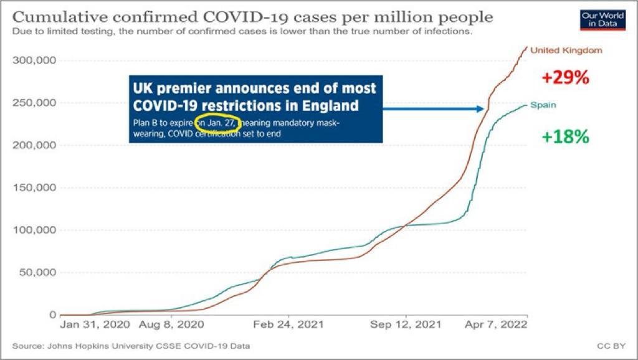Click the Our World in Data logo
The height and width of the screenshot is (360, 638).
tap(602, 19)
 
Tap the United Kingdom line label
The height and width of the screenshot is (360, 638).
tap(566, 50)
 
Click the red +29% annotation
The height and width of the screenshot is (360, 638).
tap(565, 78)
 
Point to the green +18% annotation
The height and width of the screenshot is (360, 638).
tap(565, 136)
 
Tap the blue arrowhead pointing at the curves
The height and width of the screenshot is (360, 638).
tap(480, 109)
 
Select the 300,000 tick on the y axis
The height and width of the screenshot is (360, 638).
tap(34, 60)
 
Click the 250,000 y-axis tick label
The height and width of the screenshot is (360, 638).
tap(34, 103)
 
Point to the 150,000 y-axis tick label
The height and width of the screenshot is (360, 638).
tap(34, 187)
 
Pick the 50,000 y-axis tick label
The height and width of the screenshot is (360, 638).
tap(37, 272)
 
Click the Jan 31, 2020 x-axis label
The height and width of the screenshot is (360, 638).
tap(95, 324)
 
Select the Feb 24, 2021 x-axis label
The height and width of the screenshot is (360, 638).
tap(289, 324)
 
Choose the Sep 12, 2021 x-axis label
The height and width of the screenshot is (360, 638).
tap(405, 324)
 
